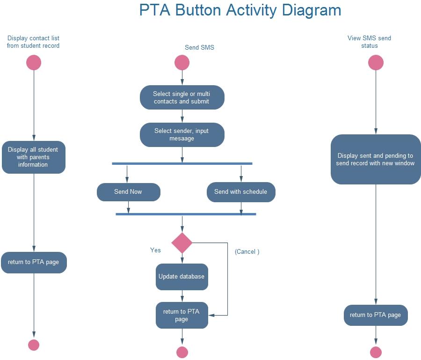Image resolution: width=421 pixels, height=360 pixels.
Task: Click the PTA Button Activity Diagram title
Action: pyautogui.click(x=240, y=10)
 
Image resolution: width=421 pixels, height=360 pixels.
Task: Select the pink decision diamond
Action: pyautogui.click(x=182, y=243)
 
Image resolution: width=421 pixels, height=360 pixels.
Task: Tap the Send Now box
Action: pyautogui.click(x=129, y=192)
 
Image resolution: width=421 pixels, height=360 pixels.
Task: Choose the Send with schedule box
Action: pyautogui.click(x=241, y=192)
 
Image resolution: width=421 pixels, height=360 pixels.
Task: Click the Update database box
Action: pyautogui.click(x=181, y=277)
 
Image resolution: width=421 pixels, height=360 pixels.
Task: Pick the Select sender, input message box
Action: pyautogui.click(x=182, y=135)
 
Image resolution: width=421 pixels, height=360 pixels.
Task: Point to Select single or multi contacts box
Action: pyautogui.click(x=182, y=97)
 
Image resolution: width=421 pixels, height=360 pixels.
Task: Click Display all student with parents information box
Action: pyautogui.click(x=33, y=157)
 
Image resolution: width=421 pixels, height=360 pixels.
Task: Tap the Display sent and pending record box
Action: pyautogui.click(x=376, y=160)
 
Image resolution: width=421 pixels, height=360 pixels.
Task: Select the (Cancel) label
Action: pyautogui.click(x=247, y=252)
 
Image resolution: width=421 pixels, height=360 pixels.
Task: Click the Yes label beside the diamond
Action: pyautogui.click(x=155, y=250)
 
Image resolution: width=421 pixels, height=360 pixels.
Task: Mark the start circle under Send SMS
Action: pyautogui.click(x=182, y=63)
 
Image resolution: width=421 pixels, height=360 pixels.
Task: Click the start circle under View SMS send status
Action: pyautogui.click(x=376, y=63)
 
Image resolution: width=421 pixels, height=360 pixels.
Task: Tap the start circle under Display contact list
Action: pyautogui.click(x=34, y=63)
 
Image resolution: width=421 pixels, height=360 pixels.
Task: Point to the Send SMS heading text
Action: pyautogui.click(x=199, y=47)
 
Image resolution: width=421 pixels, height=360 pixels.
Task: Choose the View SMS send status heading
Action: pyautogui.click(x=369, y=42)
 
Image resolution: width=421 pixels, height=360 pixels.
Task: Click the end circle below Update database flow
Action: pyautogui.click(x=182, y=352)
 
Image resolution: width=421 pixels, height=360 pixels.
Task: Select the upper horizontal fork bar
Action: pyautogui.click(x=182, y=163)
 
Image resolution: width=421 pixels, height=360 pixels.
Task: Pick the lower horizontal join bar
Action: pyautogui.click(x=186, y=214)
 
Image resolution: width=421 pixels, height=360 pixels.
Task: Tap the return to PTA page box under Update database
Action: pyautogui.click(x=181, y=315)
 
